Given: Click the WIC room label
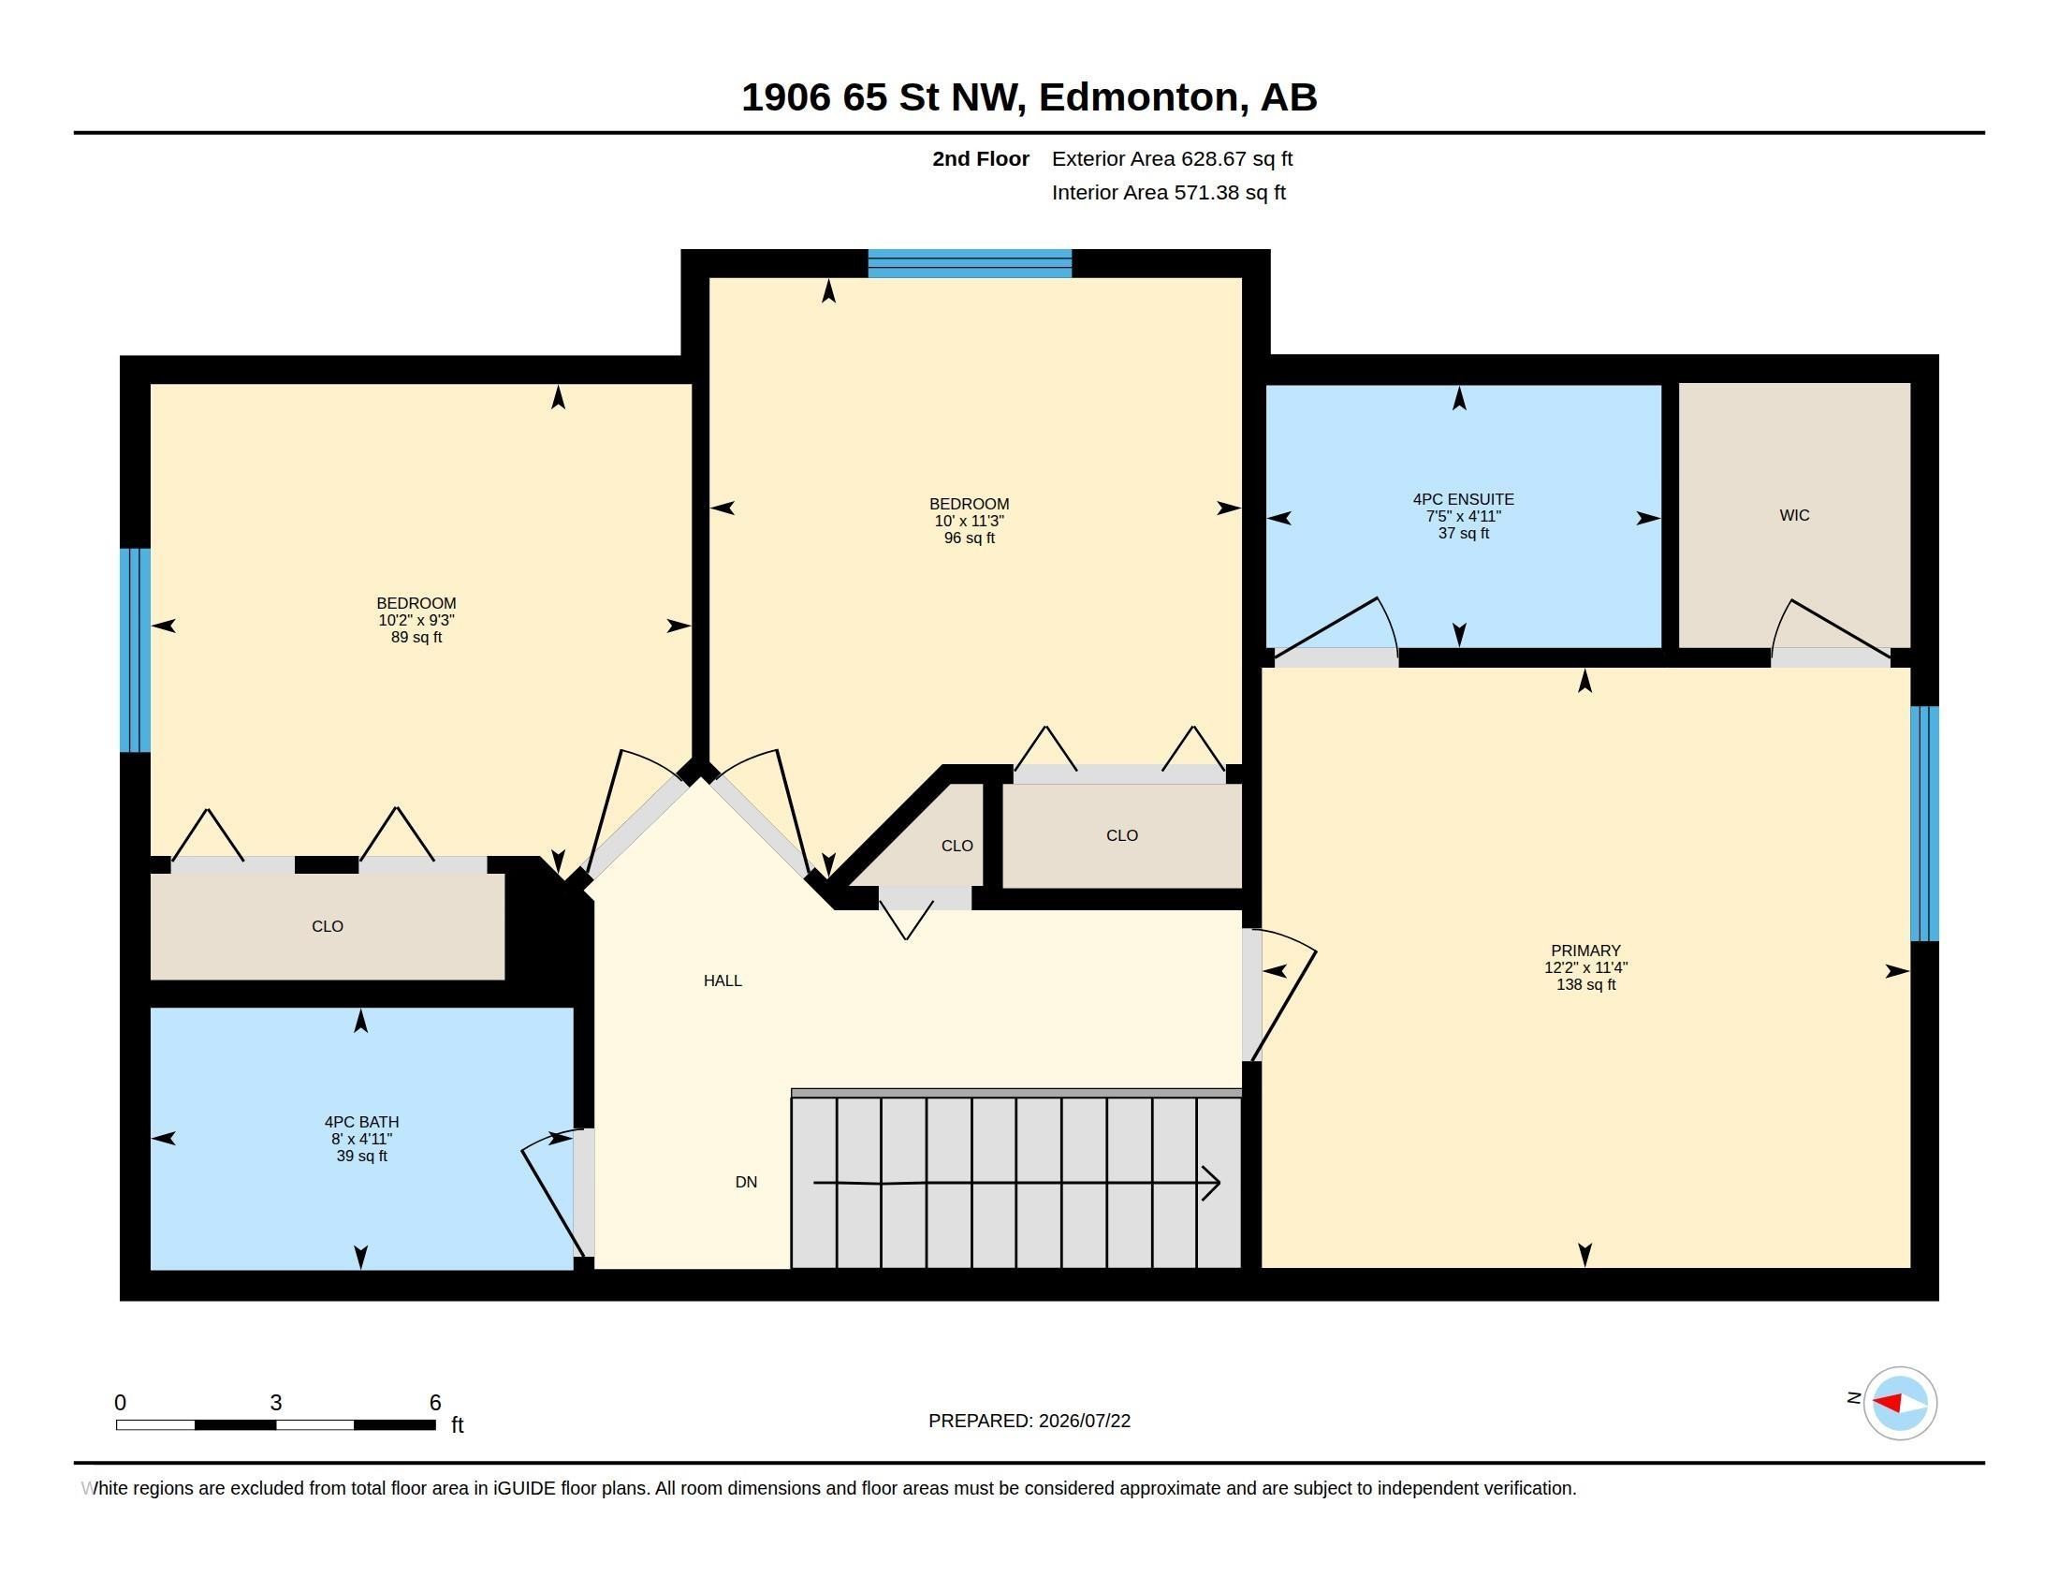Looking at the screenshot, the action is [1793, 515].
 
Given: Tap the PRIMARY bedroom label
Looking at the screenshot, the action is [1584, 951].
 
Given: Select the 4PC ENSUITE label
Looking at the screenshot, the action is [1463, 499].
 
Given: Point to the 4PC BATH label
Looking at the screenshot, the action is [361, 1121].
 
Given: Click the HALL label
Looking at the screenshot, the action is [723, 980].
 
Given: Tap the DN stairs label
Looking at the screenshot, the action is [746, 1182].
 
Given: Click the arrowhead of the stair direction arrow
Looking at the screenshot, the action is [1211, 1183].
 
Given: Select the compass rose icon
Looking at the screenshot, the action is [1899, 1403].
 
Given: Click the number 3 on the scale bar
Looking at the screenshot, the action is [275, 1403].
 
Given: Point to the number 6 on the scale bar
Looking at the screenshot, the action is [434, 1403].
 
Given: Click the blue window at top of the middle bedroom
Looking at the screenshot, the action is [970, 263].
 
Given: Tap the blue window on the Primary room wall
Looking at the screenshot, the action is [1924, 823].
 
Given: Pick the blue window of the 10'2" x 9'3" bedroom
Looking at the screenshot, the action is [135, 650].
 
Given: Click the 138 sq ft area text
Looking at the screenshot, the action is [1584, 984].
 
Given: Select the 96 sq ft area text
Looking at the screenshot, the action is [970, 538].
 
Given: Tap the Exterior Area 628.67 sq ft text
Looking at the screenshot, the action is [1172, 158].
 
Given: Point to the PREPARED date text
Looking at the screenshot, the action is [1029, 1421].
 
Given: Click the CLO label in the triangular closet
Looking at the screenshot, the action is [956, 846].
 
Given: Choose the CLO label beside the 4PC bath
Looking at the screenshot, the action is [328, 926].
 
